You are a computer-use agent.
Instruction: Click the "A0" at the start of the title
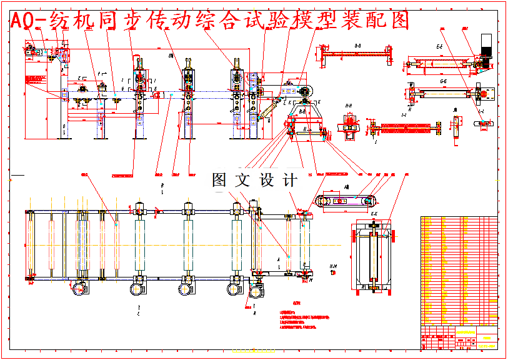coord(21,21)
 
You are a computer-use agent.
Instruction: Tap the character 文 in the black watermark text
coord(242,181)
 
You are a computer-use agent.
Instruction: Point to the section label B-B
coord(357,46)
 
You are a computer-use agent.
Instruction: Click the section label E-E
coord(439,46)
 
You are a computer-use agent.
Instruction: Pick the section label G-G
coord(443,81)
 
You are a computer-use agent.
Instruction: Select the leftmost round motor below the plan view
coord(79,289)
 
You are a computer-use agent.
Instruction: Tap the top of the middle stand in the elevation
coord(188,62)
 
